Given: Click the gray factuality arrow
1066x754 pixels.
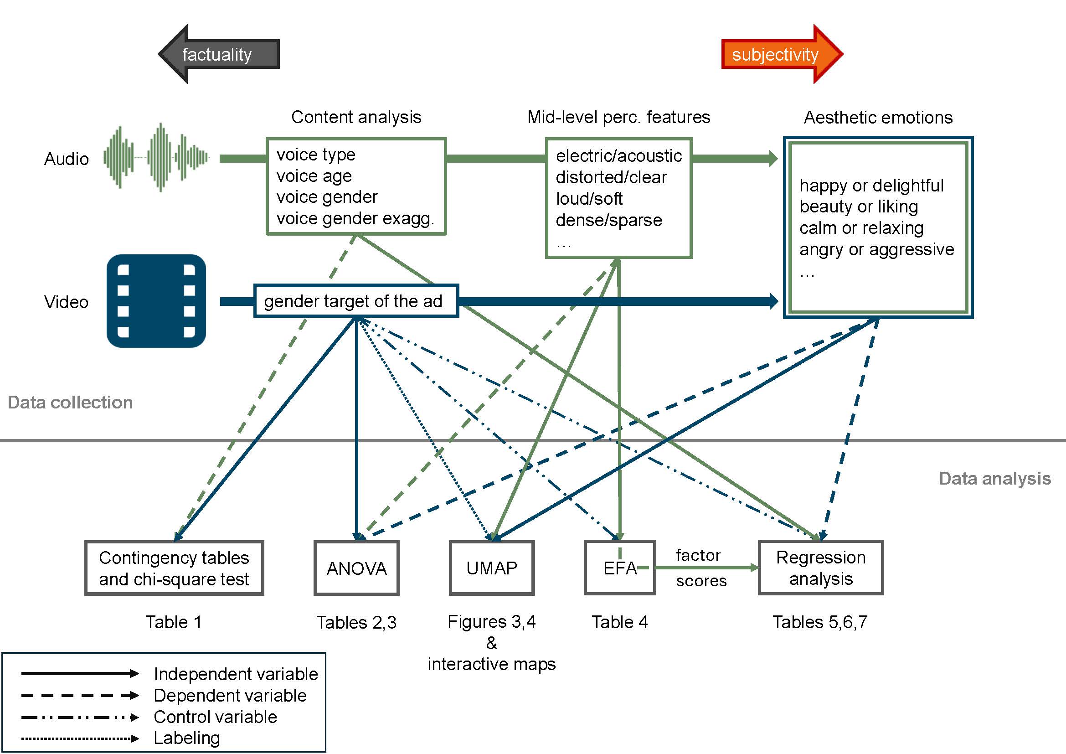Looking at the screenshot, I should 218,54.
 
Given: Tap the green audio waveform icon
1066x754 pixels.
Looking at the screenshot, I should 156,158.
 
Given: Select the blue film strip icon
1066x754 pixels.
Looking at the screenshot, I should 156,301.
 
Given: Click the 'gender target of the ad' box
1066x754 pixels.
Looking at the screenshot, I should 355,301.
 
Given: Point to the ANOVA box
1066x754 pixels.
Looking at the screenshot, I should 356,568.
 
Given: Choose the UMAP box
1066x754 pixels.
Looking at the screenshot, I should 492,568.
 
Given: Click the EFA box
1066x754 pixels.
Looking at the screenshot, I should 620,568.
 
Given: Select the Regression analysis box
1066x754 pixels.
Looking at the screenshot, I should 821,568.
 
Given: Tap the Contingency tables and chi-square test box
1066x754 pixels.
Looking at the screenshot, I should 174,568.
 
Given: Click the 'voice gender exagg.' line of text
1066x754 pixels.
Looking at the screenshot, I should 355,219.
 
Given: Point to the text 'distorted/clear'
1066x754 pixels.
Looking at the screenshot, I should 611,177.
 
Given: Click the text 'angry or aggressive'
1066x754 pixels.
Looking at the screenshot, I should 876,250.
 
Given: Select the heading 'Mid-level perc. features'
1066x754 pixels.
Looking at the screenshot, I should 618,118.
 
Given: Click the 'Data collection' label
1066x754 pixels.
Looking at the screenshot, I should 70,403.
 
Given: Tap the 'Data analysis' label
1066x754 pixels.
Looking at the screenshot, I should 994,479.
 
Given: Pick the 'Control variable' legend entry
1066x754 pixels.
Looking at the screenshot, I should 215,718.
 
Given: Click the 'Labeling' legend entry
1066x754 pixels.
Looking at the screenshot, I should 187,738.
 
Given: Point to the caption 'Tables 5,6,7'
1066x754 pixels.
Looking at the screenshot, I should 820,622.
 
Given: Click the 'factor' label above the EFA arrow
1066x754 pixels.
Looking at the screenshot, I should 698,555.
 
